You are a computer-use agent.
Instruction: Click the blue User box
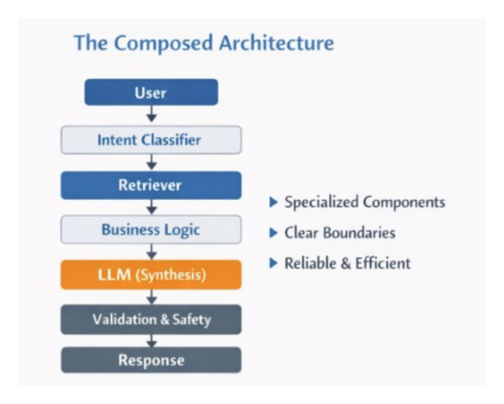click(151, 92)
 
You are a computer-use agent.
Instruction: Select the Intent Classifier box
click(151, 140)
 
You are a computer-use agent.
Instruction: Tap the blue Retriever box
click(151, 186)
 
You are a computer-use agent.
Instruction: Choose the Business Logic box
click(151, 230)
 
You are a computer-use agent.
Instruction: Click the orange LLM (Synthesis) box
click(151, 275)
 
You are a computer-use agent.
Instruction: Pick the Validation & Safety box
click(151, 319)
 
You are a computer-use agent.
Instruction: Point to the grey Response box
click(151, 360)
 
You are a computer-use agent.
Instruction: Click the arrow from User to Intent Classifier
click(151, 115)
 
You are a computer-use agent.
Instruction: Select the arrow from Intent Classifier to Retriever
click(151, 163)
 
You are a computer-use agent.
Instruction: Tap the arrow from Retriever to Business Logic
click(151, 207)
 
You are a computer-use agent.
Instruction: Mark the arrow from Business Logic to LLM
click(151, 252)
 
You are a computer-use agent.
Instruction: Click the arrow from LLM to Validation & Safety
click(151, 297)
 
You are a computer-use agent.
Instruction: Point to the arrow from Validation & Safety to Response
click(151, 340)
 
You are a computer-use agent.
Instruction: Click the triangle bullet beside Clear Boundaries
click(274, 233)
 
